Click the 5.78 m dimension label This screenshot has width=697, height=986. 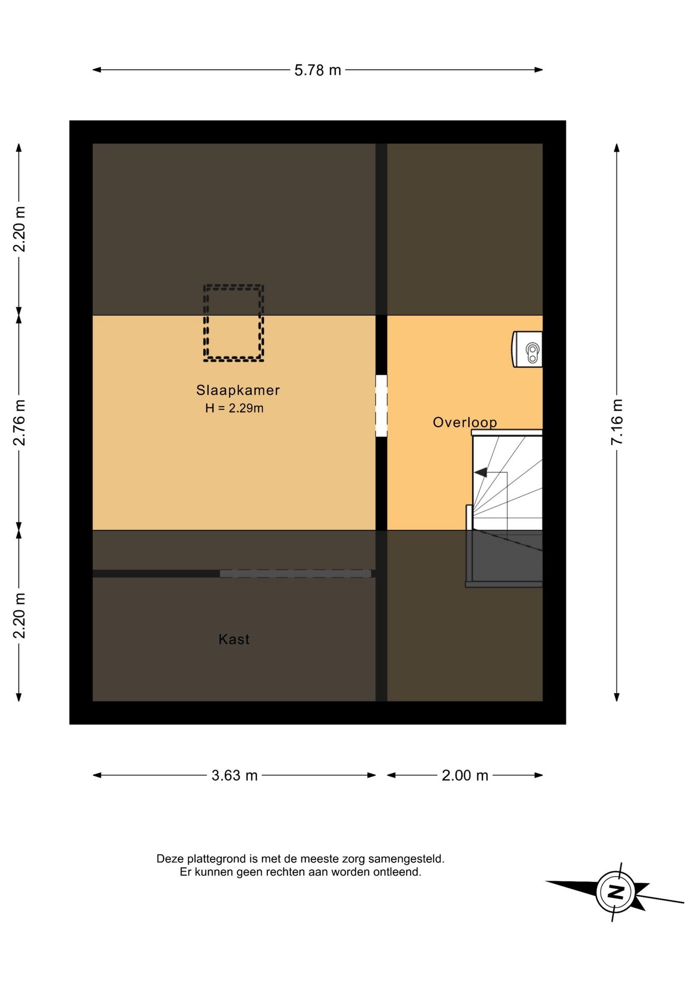317,70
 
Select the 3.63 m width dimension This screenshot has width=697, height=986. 235,775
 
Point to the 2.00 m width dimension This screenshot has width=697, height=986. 465,775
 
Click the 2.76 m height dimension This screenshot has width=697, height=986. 19,423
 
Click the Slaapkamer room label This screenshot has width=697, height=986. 238,390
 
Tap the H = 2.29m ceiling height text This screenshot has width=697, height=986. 235,408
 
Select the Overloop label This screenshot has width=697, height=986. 465,423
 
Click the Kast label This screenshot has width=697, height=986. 234,639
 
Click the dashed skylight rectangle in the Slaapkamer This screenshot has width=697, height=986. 234,286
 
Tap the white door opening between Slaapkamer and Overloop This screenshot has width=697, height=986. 381,406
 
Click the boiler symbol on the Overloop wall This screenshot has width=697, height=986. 528,349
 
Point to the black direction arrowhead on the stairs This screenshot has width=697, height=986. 480,472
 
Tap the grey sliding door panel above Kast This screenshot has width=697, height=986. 296,574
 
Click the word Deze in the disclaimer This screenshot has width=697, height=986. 170,859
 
